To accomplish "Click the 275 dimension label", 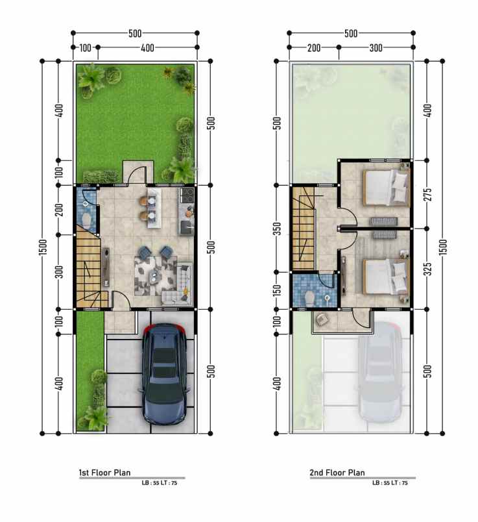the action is (x=429, y=194).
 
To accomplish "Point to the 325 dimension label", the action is (x=429, y=269).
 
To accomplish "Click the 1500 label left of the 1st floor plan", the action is (x=43, y=247).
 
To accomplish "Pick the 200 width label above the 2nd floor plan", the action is (x=314, y=48).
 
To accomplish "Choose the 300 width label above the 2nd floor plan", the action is (x=376, y=48).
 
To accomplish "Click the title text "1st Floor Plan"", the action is (x=104, y=473).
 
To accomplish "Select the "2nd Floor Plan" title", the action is (x=337, y=473).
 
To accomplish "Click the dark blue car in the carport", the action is (x=165, y=374).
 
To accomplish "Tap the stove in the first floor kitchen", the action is (x=187, y=195).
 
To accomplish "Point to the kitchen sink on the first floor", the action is (x=186, y=227).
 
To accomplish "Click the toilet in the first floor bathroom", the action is (x=86, y=220).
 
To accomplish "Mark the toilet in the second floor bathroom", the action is (x=309, y=298).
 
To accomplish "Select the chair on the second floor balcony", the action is (x=321, y=319).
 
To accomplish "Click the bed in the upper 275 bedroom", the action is (x=386, y=188).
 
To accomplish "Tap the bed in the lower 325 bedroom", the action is (x=386, y=277).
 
